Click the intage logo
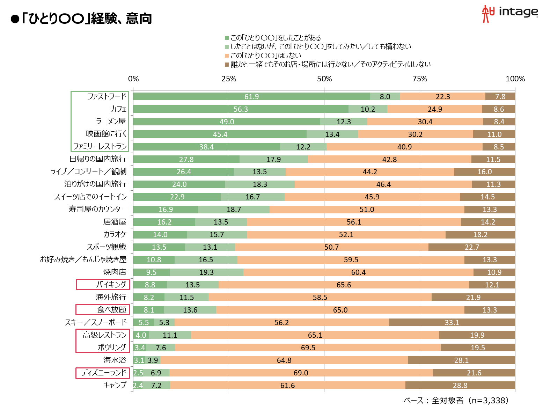[510, 13]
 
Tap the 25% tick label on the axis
[229, 79]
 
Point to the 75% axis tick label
[420, 79]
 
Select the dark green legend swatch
[227, 38]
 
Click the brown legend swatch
[227, 64]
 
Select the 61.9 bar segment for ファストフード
[251, 97]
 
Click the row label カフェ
[118, 109]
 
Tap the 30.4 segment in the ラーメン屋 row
[425, 122]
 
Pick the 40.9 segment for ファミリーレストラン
[404, 147]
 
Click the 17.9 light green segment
[273, 159]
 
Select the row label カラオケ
[115, 234]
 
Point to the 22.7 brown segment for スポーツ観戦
[472, 247]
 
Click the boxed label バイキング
[103, 285]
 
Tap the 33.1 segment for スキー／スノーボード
[452, 322]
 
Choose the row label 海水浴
[115, 360]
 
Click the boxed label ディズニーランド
[103, 373]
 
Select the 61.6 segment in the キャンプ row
[287, 385]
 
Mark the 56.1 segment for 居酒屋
[354, 222]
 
